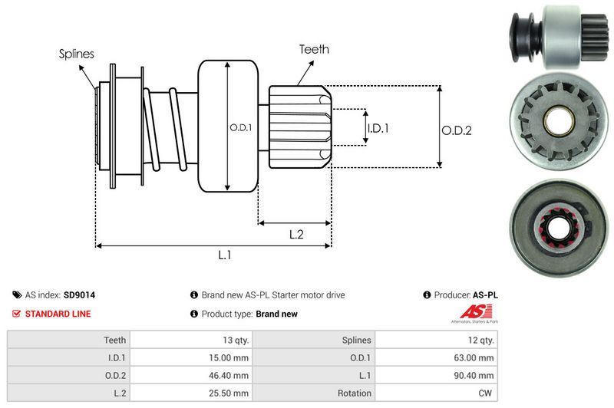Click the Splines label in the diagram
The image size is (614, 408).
click(76, 54)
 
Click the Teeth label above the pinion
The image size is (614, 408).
click(314, 49)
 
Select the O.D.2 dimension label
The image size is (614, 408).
click(456, 131)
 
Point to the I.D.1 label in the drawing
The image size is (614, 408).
click(378, 128)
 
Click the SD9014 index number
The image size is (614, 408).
click(79, 294)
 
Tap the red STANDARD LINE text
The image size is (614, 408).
click(58, 314)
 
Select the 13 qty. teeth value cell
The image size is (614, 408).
click(232, 340)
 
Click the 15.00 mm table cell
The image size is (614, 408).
click(229, 357)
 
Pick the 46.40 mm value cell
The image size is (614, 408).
click(229, 376)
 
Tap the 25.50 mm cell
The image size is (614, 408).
click(229, 393)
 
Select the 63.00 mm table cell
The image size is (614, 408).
click(475, 357)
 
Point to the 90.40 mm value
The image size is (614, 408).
click(475, 376)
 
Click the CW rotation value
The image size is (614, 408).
click(486, 393)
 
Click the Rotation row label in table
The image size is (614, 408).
click(354, 393)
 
